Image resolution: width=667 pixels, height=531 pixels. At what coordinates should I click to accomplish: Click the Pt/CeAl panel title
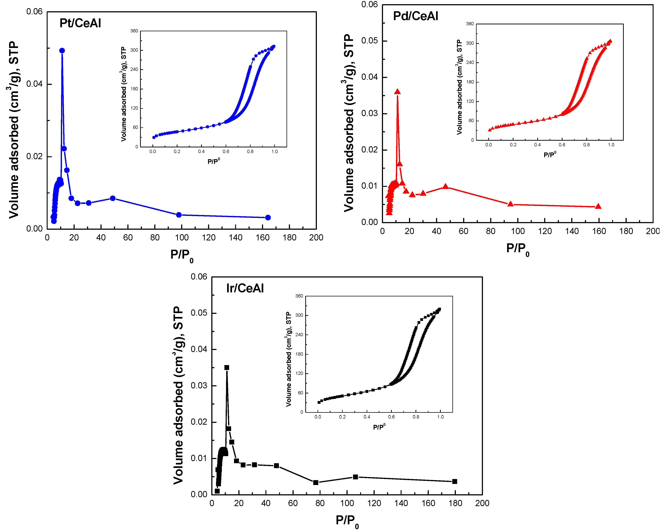80,23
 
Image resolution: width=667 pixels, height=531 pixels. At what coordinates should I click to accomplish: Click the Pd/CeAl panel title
416,16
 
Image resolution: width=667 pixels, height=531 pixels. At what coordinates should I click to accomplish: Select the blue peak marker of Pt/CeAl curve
62,51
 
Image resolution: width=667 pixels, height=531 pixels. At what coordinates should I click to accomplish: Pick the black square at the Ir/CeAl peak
227,367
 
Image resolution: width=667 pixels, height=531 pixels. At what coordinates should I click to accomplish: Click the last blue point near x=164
268,218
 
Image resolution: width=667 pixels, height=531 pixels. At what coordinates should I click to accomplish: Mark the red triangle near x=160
598,206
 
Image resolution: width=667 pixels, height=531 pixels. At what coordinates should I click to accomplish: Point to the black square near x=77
316,482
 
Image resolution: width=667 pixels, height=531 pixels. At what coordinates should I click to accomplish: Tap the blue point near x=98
179,215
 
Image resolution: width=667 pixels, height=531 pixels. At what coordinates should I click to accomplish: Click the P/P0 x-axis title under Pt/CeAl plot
182,255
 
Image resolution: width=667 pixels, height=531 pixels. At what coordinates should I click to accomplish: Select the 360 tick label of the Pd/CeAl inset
470,24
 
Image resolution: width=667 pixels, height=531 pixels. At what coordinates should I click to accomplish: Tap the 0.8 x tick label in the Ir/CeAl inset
416,417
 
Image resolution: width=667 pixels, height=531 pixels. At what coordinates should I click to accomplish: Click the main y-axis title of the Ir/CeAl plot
178,395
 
